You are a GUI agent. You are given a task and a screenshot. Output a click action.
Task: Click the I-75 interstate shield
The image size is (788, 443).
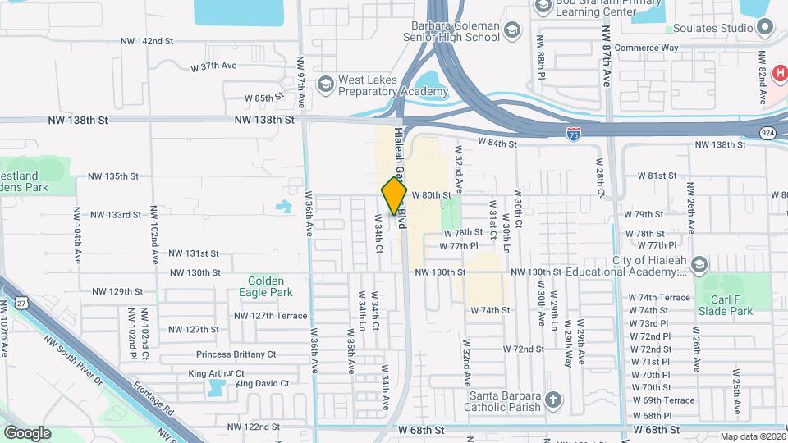coord(574,133)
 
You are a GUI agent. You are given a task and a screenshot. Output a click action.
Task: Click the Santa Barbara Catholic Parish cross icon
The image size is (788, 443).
coord(553,400)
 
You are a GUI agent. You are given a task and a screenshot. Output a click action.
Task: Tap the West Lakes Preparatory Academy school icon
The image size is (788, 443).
coord(326,84)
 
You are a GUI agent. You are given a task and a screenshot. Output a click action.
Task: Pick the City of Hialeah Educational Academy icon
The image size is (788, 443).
coord(699,265)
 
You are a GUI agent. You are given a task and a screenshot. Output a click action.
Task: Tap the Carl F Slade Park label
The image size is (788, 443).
coord(725,305)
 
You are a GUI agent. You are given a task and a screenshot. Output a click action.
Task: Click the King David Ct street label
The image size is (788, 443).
coord(262,383)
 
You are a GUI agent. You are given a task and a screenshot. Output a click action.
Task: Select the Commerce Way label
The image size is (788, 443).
coord(647,48)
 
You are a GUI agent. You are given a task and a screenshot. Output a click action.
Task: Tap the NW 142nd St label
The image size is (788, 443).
coord(147,41)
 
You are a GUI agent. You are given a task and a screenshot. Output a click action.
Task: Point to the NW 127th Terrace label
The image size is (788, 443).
coord(270,316)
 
